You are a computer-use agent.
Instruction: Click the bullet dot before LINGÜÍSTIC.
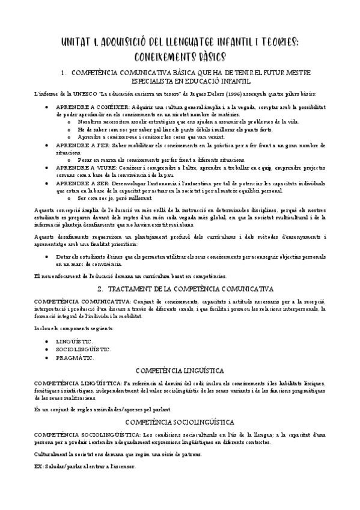coord(47,340)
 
